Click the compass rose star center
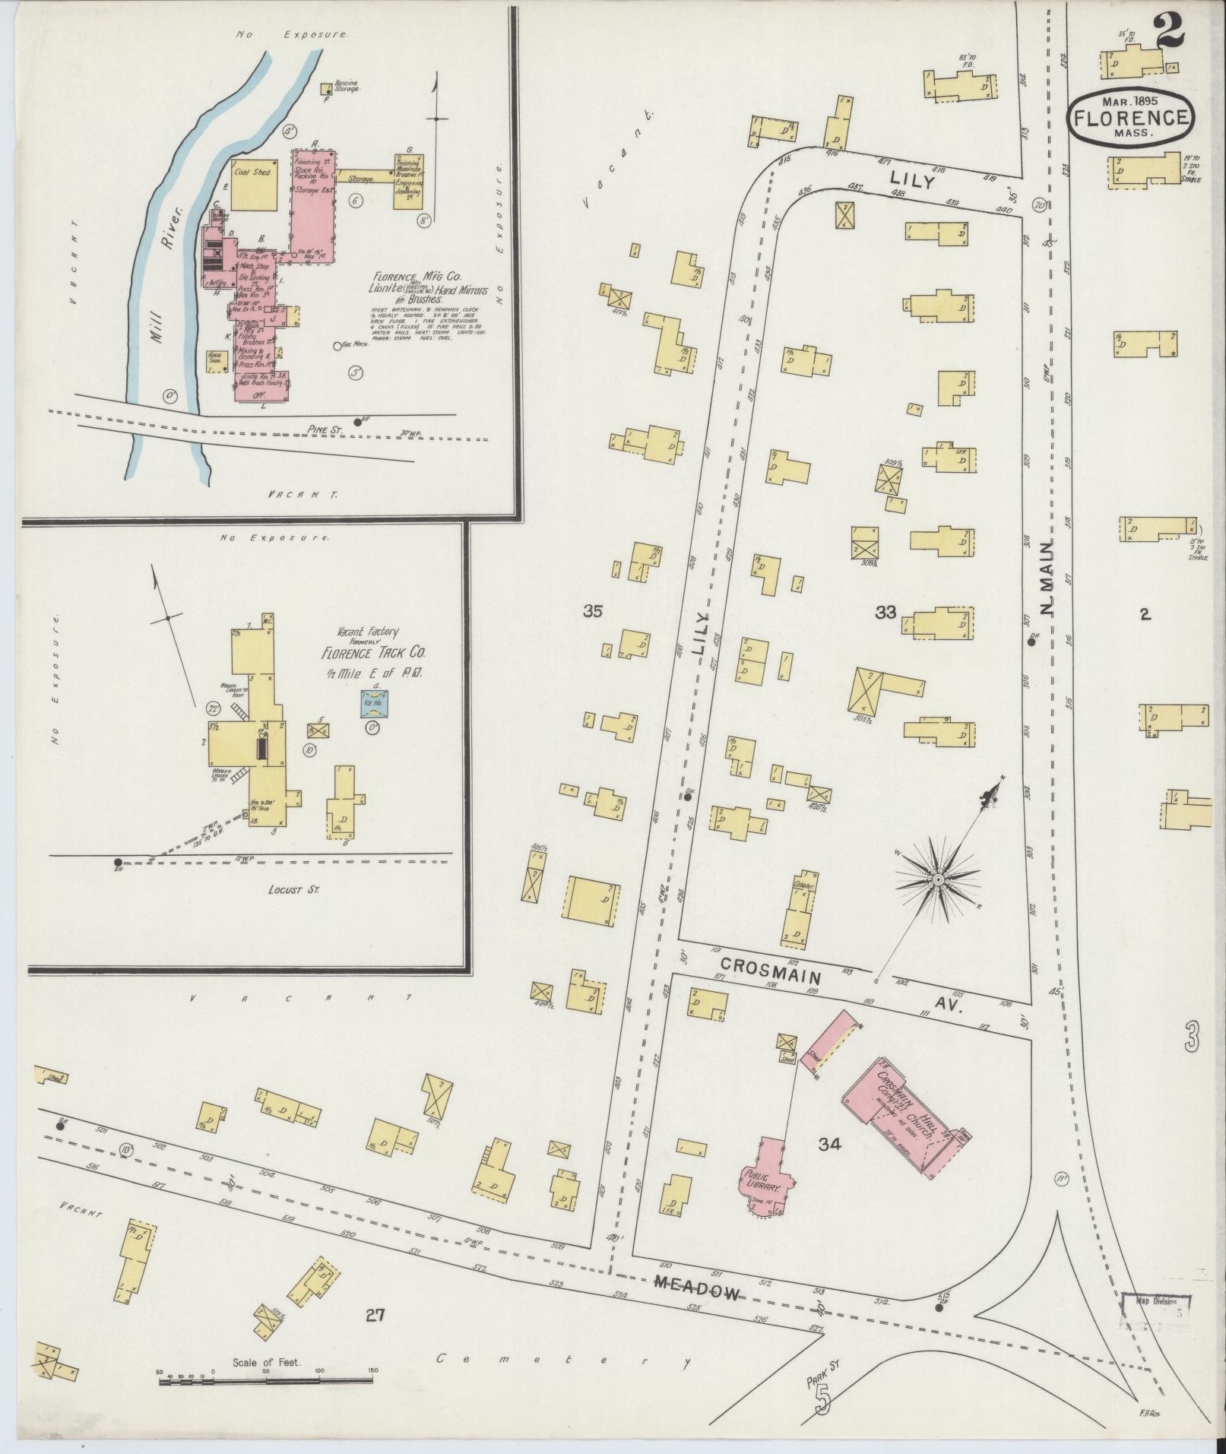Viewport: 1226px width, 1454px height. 938,879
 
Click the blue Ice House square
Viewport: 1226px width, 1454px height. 375,702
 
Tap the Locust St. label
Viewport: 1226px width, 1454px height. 293,888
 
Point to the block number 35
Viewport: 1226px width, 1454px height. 593,610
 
